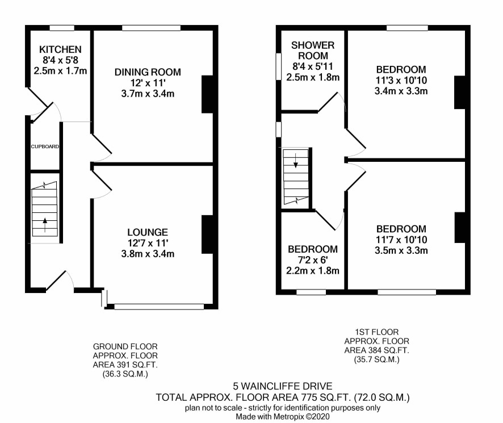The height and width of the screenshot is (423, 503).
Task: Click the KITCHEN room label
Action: tap(60, 49)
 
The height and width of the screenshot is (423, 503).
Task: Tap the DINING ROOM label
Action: tap(148, 72)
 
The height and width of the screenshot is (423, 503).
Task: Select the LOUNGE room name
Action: tap(148, 232)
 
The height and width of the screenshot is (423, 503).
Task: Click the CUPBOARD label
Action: tap(45, 146)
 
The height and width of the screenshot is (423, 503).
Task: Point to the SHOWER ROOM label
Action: tap(313, 51)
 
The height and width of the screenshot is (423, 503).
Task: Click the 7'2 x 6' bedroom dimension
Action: tap(313, 260)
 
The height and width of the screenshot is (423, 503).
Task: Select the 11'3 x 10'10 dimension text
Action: tap(401, 80)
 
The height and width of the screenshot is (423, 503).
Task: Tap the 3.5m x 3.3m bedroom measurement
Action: tap(401, 250)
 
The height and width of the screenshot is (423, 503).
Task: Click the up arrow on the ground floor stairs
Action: tap(45, 225)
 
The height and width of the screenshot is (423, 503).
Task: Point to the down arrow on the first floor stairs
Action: tap(296, 160)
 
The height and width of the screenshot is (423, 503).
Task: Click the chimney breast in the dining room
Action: tap(207, 94)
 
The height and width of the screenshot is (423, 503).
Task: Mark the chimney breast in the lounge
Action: tap(207, 234)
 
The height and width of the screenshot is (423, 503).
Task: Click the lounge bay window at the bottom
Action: tap(159, 307)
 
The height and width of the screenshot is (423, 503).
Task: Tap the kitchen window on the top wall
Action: tap(62, 28)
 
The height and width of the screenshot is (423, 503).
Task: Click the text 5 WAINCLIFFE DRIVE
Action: tap(283, 386)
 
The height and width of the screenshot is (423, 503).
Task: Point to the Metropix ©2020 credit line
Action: tap(283, 417)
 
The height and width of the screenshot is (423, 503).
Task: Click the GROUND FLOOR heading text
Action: tap(125, 346)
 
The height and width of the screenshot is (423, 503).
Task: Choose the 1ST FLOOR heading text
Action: tap(376, 332)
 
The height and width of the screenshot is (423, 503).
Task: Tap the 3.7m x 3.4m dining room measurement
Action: tap(148, 94)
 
